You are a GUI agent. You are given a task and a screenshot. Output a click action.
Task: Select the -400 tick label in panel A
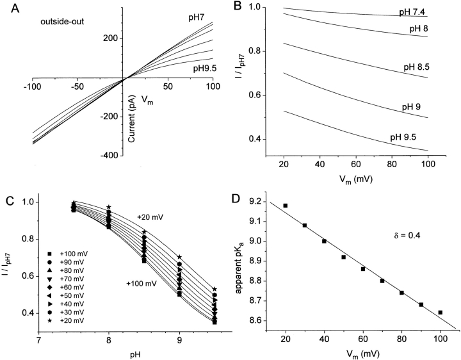point(113,156)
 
